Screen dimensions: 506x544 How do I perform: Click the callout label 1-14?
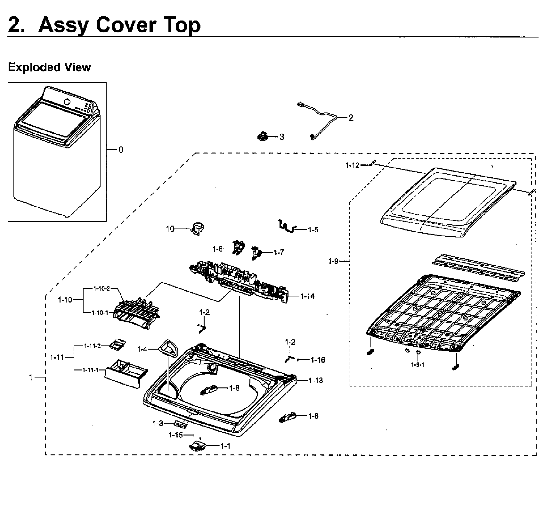point(307,296)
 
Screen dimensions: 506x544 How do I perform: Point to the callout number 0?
point(121,150)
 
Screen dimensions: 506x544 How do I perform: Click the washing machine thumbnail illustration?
point(57,151)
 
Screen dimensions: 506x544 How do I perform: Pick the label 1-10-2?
point(102,288)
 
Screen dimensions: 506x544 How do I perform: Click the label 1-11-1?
point(91,370)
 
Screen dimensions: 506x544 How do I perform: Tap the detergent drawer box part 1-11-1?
point(126,373)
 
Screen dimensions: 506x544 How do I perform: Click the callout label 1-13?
point(316,380)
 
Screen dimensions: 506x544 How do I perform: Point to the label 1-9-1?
point(418,365)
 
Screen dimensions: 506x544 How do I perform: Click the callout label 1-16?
point(318,360)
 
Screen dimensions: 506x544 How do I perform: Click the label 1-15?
point(176,435)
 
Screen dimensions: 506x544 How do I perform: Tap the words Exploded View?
point(49,67)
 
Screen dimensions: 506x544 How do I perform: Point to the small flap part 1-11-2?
point(117,344)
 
